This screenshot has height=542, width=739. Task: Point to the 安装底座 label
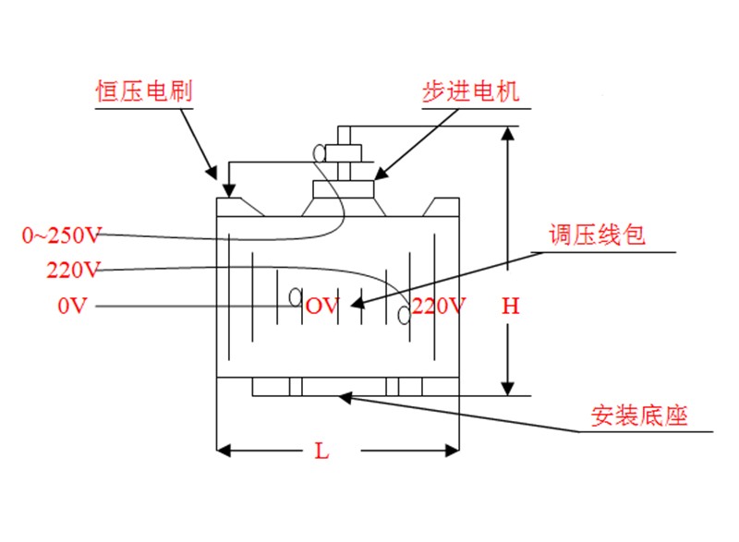pos(640,416)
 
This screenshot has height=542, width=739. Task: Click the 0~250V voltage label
pos(61,235)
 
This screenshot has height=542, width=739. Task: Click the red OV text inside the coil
pos(322,305)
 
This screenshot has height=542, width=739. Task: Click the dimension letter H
pos(510,307)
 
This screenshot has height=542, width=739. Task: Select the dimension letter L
pos(321,452)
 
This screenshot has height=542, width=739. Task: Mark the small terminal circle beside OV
pos(295,297)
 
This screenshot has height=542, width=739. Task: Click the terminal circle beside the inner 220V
pos(404,316)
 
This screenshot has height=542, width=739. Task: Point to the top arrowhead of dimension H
pos(506,134)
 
